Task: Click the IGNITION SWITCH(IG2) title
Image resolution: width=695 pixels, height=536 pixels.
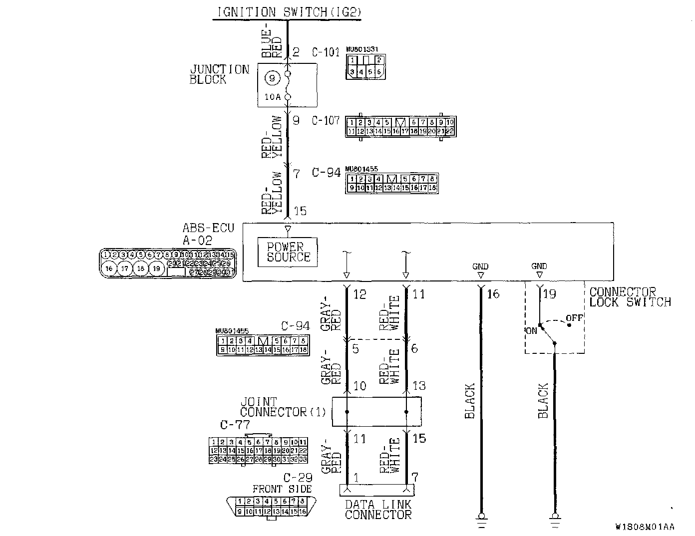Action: [289, 12]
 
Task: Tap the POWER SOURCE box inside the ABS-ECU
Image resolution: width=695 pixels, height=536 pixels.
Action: [288, 252]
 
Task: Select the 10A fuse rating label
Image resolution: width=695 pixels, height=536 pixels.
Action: [272, 97]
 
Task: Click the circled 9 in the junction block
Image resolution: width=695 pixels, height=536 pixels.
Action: [272, 78]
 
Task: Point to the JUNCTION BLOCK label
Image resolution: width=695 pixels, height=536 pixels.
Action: [219, 74]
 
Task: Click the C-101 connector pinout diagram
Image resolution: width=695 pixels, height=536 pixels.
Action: [365, 66]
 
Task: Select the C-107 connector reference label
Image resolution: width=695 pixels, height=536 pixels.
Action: [326, 121]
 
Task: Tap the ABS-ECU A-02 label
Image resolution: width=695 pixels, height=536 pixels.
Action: [208, 235]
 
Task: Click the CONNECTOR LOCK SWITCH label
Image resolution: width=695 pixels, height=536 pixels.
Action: [629, 297]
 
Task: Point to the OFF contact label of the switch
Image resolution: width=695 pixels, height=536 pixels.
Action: [574, 318]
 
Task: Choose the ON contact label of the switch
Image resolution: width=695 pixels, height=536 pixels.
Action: [531, 330]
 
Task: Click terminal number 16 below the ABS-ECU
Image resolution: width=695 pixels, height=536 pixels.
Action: [493, 294]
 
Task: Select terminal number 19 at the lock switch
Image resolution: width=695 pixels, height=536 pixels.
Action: [549, 294]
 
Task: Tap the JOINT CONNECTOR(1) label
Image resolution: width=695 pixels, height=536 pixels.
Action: [282, 407]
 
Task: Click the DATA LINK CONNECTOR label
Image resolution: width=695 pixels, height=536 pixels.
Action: [378, 510]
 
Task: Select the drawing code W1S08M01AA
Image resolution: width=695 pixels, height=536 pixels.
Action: [645, 527]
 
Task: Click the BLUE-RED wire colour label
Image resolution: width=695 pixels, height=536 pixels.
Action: [272, 40]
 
